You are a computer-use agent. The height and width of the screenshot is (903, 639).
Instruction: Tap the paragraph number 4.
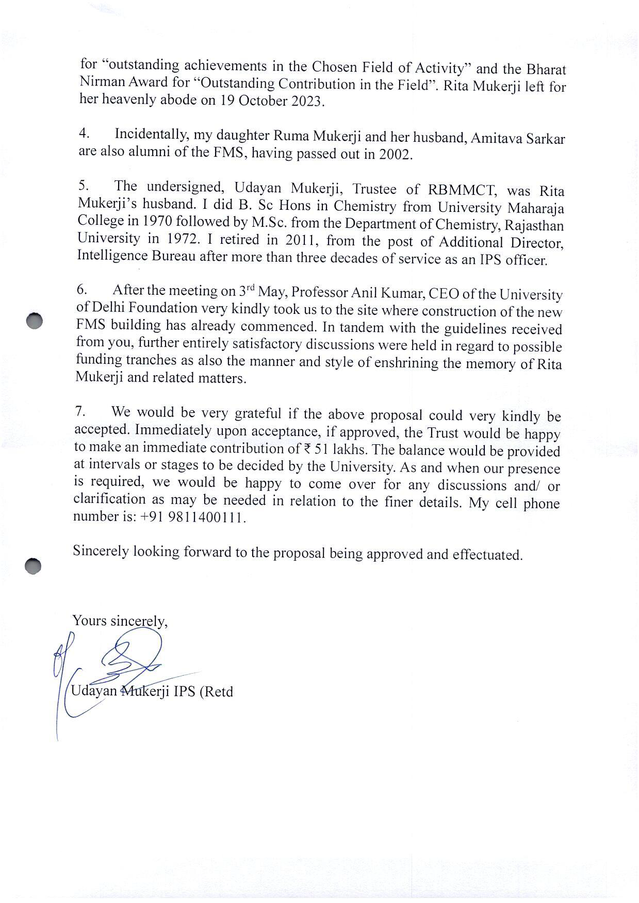point(84,133)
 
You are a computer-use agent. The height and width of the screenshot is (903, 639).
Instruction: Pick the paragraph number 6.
point(82,290)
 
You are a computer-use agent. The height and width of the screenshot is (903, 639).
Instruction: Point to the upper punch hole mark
point(34,321)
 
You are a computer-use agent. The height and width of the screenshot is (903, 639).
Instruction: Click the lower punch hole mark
point(33,566)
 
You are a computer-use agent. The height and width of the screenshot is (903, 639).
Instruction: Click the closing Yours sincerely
point(120,621)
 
